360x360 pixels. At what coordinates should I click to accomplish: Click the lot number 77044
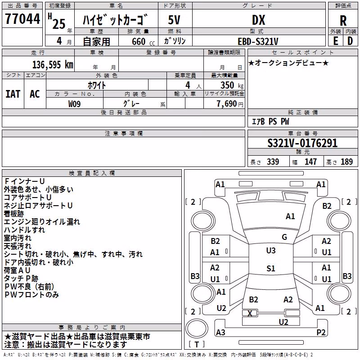22,19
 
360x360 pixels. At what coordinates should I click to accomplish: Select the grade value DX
258,20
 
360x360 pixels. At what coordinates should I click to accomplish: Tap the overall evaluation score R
343,21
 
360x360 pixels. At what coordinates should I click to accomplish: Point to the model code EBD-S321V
258,41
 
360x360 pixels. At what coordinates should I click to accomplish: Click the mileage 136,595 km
53,65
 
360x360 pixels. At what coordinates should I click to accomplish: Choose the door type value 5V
174,20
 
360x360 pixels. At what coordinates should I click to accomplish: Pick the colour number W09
74,104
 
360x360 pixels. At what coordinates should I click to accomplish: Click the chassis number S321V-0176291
302,143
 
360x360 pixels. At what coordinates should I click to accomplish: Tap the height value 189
346,162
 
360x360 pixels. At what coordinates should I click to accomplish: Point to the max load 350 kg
232,85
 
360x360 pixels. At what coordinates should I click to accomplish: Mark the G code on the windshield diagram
284,237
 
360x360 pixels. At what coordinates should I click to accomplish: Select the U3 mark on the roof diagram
271,251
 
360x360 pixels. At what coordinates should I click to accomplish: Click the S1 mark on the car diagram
271,268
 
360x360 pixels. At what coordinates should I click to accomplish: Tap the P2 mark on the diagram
321,332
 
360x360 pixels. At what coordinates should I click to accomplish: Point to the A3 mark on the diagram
220,332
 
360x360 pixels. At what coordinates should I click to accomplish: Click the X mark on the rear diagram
250,313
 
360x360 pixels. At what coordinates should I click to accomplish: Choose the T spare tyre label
197,344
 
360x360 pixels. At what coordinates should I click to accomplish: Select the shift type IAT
13,94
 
